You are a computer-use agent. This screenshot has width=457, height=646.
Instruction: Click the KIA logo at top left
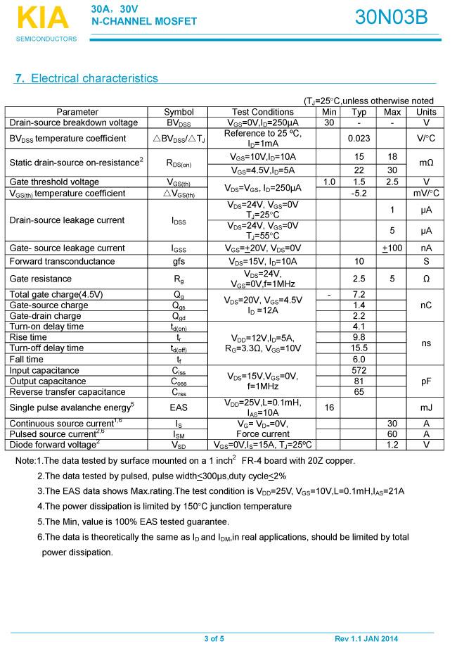[43, 18]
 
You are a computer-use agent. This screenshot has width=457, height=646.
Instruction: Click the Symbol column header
[179, 112]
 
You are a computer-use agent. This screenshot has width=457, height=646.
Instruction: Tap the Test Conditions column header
[262, 112]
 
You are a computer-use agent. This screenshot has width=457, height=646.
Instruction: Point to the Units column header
[426, 112]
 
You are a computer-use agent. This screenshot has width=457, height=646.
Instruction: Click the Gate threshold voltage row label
[54, 182]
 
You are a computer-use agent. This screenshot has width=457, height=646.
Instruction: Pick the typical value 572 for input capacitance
[359, 370]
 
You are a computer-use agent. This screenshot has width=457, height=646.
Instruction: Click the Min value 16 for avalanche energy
[329, 407]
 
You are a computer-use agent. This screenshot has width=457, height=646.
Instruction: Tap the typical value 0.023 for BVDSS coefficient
[359, 138]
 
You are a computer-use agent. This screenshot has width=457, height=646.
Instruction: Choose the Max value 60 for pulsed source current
[392, 434]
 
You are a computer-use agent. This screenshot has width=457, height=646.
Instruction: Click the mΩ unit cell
[426, 163]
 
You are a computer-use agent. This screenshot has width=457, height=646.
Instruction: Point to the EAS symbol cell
[179, 407]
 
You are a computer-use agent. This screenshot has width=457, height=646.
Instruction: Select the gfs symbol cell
[179, 261]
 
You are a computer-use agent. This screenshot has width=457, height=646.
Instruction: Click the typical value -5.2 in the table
[359, 193]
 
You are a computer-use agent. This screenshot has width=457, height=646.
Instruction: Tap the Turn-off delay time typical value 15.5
[359, 348]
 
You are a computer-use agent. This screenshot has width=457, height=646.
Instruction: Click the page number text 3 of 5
[214, 638]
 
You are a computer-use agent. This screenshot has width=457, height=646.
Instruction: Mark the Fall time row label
[26, 359]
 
